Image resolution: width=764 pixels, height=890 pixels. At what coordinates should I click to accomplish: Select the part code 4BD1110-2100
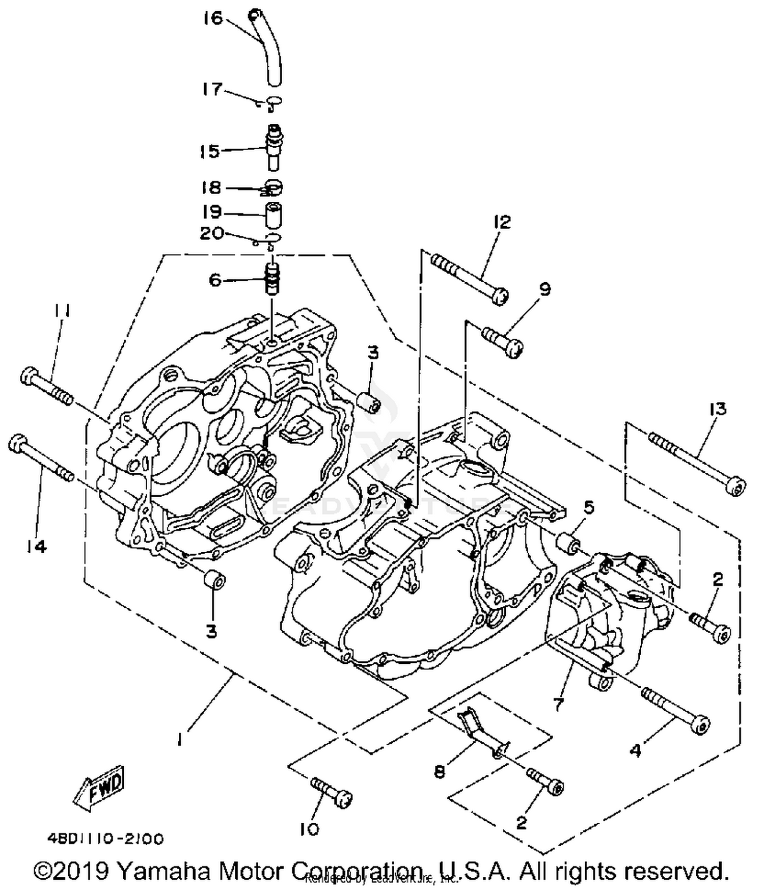tap(105, 838)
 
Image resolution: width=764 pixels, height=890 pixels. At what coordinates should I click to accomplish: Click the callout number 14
tap(37, 547)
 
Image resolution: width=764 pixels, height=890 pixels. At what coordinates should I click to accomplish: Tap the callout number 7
tap(558, 704)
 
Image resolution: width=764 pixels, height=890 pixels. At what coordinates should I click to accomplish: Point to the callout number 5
tap(589, 507)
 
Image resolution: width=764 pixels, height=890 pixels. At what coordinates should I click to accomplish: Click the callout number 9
tap(544, 289)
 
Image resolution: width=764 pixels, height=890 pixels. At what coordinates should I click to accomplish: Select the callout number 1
tap(180, 740)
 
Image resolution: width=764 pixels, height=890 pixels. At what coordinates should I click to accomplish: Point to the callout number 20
tap(211, 233)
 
